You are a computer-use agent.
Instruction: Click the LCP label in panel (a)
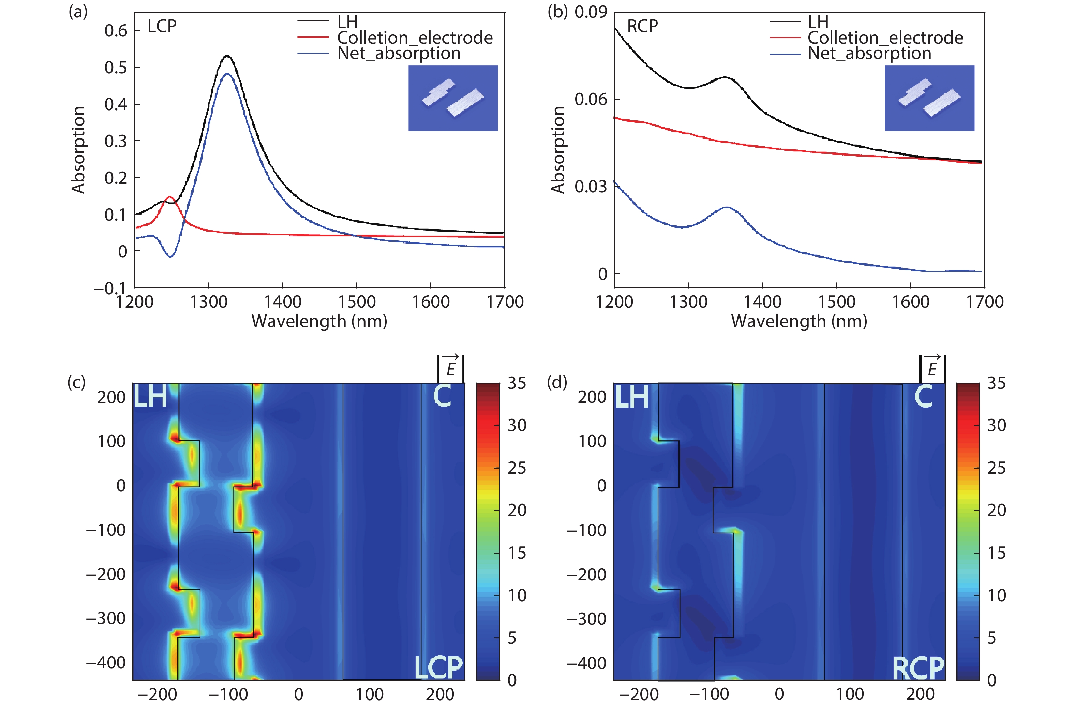point(162,26)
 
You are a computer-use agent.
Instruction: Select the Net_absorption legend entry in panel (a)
point(399,53)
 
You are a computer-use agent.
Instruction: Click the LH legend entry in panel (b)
point(818,22)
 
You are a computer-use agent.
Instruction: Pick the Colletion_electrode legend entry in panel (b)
point(885,38)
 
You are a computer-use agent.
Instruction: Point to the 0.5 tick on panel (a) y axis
point(116,68)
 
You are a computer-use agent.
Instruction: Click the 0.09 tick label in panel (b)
point(590,12)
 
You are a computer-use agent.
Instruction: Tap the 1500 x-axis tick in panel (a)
point(357,301)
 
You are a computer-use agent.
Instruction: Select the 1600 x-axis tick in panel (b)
point(910,301)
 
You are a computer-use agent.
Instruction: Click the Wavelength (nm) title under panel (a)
point(319,321)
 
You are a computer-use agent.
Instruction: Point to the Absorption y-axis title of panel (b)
point(558,150)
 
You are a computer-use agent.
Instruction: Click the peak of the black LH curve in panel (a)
point(227,56)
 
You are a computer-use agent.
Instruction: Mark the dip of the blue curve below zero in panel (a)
point(170,256)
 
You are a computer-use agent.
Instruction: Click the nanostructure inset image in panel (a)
point(453,98)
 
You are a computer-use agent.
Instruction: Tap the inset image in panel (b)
point(929,98)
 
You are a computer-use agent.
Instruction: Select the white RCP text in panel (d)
point(918,668)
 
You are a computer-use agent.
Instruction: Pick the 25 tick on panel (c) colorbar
point(517,468)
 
